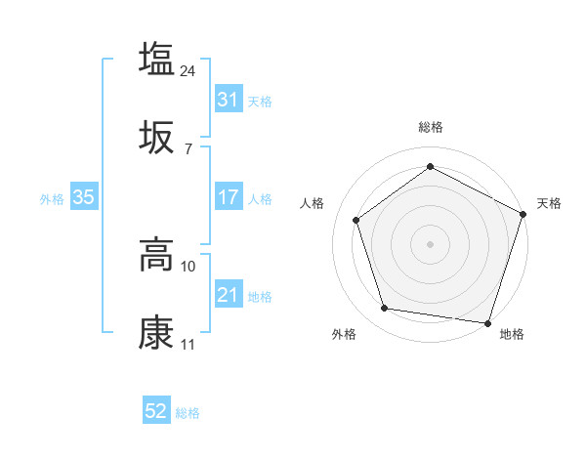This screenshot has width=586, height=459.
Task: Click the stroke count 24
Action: pyautogui.click(x=188, y=70)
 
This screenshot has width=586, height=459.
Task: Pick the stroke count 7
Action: pyautogui.click(x=188, y=149)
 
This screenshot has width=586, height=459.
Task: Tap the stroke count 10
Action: pyautogui.click(x=188, y=267)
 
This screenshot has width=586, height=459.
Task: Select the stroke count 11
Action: pyautogui.click(x=188, y=346)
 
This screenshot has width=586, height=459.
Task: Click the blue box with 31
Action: pyautogui.click(x=228, y=99)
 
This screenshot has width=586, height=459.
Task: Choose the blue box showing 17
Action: pyautogui.click(x=228, y=197)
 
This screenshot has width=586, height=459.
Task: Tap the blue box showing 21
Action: pyautogui.click(x=228, y=295)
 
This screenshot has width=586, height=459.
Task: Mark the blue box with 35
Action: pyautogui.click(x=83, y=197)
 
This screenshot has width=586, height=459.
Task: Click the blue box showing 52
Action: pyautogui.click(x=156, y=412)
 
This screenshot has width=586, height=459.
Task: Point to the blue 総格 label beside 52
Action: pyautogui.click(x=188, y=413)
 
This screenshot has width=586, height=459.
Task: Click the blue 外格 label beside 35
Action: pyautogui.click(x=52, y=198)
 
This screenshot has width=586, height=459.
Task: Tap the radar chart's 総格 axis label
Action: pyautogui.click(x=430, y=127)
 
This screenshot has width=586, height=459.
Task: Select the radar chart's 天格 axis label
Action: pyautogui.click(x=549, y=203)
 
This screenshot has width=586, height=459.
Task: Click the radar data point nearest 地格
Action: pyautogui.click(x=487, y=322)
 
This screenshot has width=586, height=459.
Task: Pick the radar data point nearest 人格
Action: pyautogui.click(x=356, y=220)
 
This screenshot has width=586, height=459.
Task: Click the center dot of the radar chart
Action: pyautogui.click(x=430, y=243)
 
